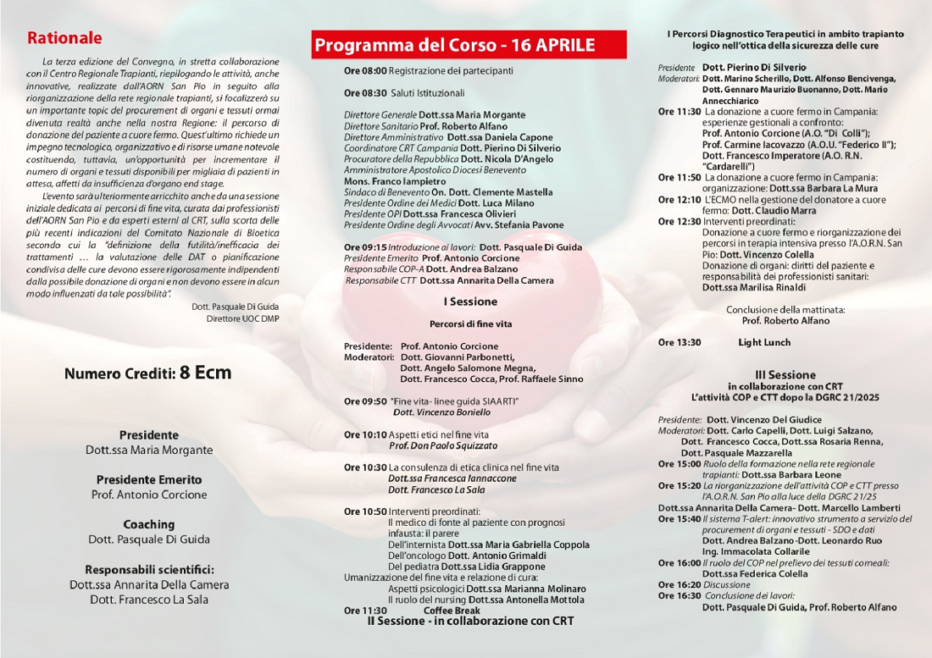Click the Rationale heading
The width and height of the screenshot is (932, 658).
point(64,38)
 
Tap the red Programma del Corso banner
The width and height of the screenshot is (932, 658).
point(469,45)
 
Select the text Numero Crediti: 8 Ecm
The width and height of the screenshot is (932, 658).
point(147,373)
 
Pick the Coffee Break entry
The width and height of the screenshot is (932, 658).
point(452,610)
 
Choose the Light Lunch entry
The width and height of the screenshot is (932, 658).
point(763,342)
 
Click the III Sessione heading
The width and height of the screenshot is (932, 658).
point(785,374)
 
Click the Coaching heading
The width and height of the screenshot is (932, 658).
point(148,524)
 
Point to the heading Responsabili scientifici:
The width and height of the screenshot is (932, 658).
point(149,569)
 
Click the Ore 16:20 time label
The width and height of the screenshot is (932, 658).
point(680,584)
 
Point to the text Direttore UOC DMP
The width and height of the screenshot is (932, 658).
point(242,318)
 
